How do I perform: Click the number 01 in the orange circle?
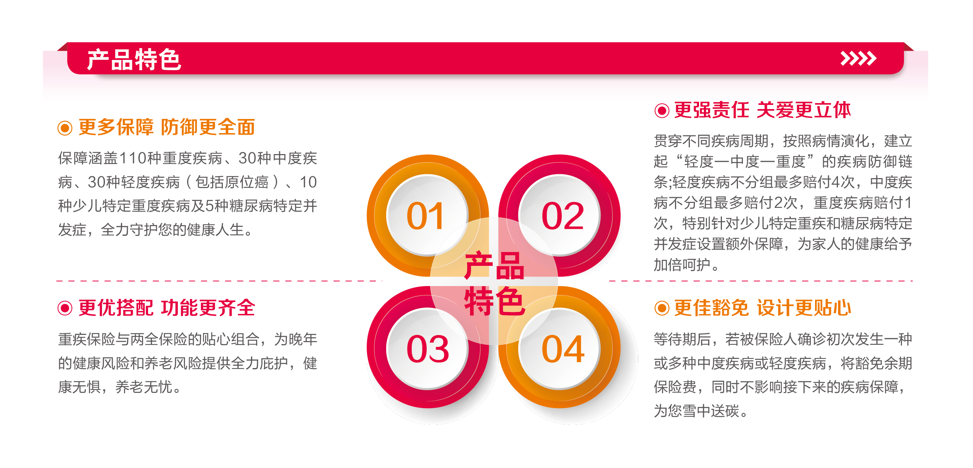pos(425,216)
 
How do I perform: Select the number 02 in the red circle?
pos(562,216)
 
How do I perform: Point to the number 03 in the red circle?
pos(427,349)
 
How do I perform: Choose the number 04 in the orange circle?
pos(562,349)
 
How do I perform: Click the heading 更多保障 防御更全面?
pos(167,127)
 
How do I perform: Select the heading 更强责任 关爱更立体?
pos(762,110)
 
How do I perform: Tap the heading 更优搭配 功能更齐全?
pos(167,308)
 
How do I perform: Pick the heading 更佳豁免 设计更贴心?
pos(762,308)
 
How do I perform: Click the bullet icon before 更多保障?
pos(65,128)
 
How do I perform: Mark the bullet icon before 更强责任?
pos(662,111)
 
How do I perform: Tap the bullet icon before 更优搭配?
pos(65,308)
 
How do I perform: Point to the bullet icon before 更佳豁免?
pos(662,308)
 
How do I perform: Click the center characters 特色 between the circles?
pos(494,301)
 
